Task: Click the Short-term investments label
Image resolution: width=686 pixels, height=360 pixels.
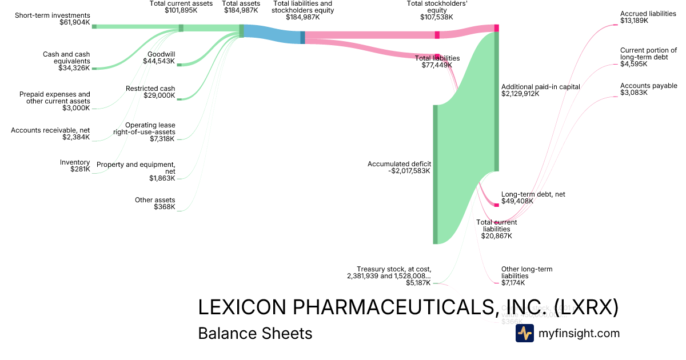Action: (52, 15)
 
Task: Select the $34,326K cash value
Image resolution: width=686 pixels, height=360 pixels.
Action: (74, 69)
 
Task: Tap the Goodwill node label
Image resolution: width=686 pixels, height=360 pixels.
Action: (161, 54)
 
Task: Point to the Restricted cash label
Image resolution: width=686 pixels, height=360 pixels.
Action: (150, 89)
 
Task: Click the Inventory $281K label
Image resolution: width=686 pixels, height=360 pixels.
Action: (75, 162)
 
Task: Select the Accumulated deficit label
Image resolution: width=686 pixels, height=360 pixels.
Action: (399, 164)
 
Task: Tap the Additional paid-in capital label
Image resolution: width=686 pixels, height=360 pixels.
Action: (540, 87)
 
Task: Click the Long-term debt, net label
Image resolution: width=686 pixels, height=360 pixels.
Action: (533, 194)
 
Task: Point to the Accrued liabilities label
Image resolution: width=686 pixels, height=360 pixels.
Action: (648, 14)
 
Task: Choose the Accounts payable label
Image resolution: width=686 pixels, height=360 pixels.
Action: (648, 86)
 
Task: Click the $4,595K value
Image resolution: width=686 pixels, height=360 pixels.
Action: (634, 64)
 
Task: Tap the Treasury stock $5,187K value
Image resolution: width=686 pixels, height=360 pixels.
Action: (418, 283)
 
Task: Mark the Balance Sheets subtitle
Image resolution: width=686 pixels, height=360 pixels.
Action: (255, 333)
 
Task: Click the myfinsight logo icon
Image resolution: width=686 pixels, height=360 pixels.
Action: (524, 333)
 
